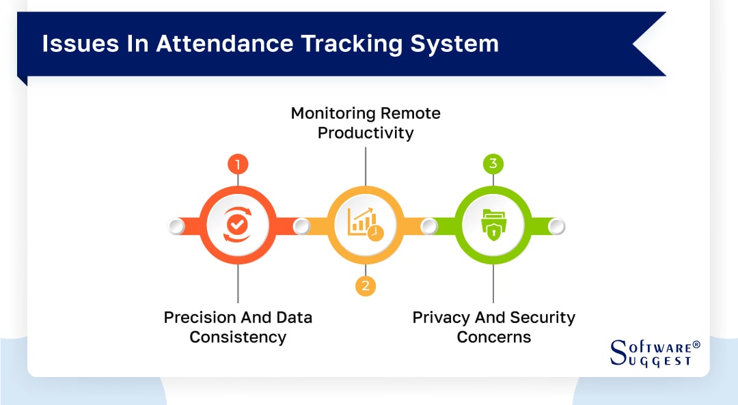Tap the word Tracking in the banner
click(x=335, y=44)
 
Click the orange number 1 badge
click(x=238, y=165)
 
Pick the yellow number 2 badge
click(x=366, y=285)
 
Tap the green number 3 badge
click(x=493, y=165)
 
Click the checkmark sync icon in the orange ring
click(x=238, y=225)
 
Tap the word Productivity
click(x=366, y=132)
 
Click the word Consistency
click(x=238, y=337)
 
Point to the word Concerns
click(x=493, y=337)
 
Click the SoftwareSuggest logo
click(x=655, y=352)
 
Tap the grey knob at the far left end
click(x=176, y=226)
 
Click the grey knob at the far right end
click(x=556, y=226)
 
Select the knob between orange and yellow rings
click(x=301, y=226)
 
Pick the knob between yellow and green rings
click(x=429, y=226)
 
